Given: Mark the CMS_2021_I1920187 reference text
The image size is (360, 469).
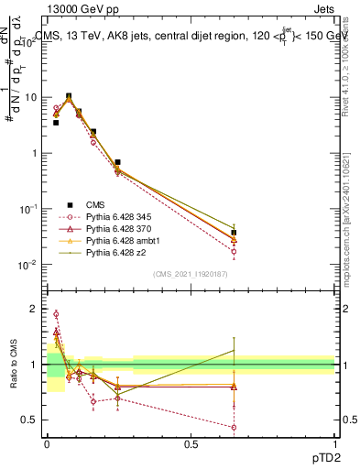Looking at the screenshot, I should pyautogui.click(x=191, y=274).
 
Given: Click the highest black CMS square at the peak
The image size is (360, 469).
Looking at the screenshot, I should pyautogui.click(x=69, y=95).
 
